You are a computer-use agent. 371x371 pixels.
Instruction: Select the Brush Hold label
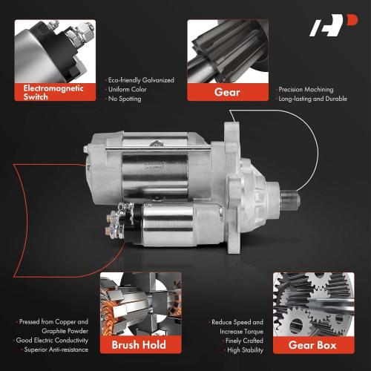click(139, 346)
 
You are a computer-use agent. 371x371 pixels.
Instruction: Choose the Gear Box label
click(313, 346)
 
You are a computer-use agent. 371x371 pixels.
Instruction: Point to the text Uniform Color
click(128, 89)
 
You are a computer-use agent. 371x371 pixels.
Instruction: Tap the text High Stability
click(245, 350)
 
